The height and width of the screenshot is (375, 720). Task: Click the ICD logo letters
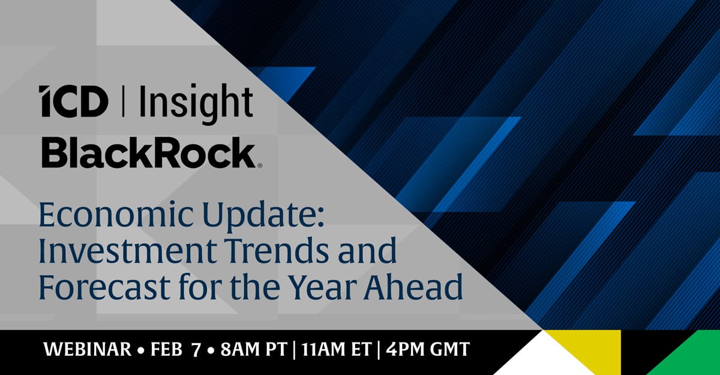(x=73, y=101)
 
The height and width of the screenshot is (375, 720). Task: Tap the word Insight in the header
(x=196, y=104)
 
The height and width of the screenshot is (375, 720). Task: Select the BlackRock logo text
(x=148, y=152)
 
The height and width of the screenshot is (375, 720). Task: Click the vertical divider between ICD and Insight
(x=124, y=101)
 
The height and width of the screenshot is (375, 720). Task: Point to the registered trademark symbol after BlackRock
(x=260, y=166)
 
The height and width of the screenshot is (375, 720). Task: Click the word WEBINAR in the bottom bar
(x=88, y=349)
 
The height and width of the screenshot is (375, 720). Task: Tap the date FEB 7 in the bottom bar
(x=175, y=349)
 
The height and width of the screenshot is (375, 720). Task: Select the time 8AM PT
(x=254, y=349)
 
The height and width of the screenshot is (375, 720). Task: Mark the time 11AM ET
(x=337, y=349)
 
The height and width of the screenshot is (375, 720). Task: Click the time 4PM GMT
(x=428, y=349)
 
